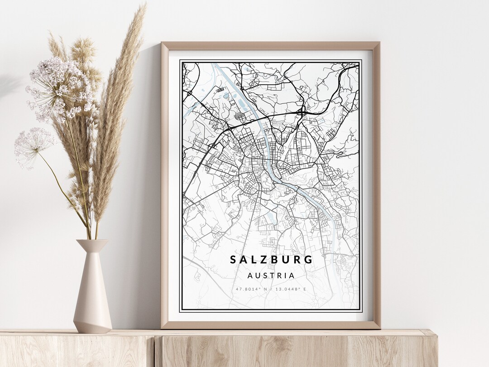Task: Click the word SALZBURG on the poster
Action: pos(271,260)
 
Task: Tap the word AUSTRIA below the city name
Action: pos(271,275)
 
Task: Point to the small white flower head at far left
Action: pos(34,145)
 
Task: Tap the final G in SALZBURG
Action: pos(309,260)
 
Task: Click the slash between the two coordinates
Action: pos(271,289)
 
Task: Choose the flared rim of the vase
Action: pos(92,243)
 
